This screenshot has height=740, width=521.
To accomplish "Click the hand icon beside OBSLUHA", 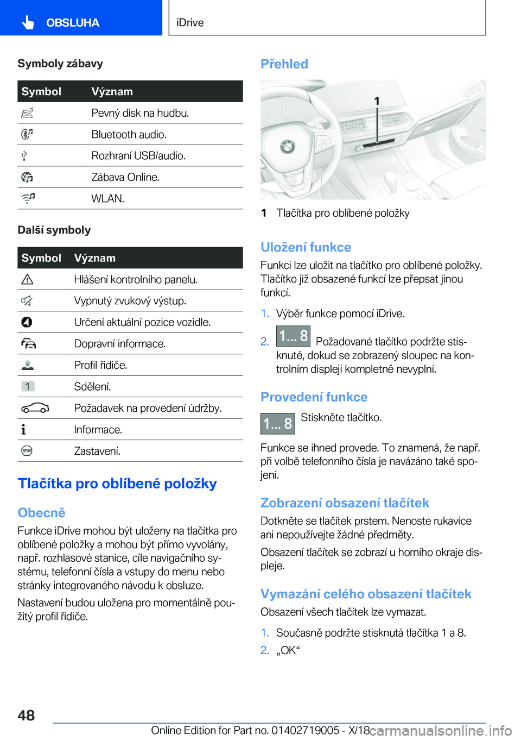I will coord(28,22).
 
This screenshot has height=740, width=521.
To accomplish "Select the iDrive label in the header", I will coord(190,23).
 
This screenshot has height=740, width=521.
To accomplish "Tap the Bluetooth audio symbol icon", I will coord(27,134).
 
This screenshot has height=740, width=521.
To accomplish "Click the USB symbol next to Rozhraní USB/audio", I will coord(24,156).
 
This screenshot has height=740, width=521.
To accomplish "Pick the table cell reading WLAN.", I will coord(108,199).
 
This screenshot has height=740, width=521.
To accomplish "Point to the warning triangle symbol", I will coord(27,279).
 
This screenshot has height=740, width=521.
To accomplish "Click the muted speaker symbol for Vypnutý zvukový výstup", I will coord(27,300).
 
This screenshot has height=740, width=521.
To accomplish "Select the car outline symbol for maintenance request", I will coord(35,408).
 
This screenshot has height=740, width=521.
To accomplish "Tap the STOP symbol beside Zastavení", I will coord(27,451).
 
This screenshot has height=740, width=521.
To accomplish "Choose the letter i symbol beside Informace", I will coord(23,430).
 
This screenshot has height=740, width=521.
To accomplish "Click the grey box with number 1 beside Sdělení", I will coord(28,386).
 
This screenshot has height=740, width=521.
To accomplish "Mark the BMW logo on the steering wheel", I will coord(287,147).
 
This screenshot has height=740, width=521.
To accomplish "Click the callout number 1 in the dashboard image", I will coord(377,101).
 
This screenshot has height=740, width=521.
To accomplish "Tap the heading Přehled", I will coord(284,64).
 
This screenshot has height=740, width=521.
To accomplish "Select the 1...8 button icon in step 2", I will coord(293,336).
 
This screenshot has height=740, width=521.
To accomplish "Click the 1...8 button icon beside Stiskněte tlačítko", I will coord(277,424).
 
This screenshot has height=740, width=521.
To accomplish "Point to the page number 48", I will coord(26,715).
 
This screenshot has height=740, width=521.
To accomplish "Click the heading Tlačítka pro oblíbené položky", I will coord(117,484).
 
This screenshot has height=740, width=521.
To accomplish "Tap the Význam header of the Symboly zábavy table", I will coord(112,92).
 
